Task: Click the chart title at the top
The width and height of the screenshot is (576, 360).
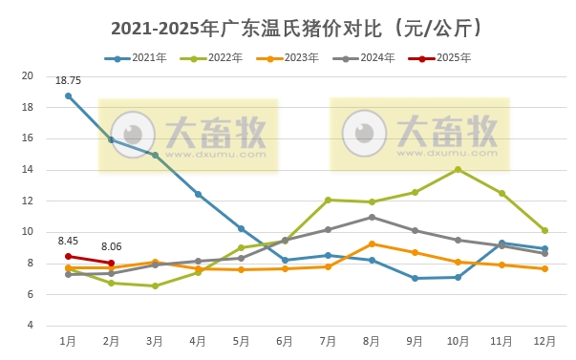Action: click(287, 29)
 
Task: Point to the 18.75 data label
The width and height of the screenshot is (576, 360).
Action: click(68, 82)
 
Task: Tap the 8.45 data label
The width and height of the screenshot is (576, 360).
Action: click(68, 241)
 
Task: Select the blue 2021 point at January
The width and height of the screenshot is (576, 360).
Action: click(68, 95)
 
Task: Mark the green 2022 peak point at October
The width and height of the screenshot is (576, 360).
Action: click(459, 169)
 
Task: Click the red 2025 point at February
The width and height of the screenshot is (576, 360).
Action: click(112, 263)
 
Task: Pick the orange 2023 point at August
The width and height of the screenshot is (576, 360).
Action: click(372, 244)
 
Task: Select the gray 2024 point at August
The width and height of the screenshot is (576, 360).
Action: click(372, 217)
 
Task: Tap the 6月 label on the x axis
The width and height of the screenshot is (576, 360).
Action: click(285, 341)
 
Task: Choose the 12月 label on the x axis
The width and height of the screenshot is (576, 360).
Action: click(544, 341)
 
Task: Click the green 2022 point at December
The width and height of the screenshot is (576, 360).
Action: click(544, 230)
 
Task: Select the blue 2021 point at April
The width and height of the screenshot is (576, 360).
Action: click(198, 194)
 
